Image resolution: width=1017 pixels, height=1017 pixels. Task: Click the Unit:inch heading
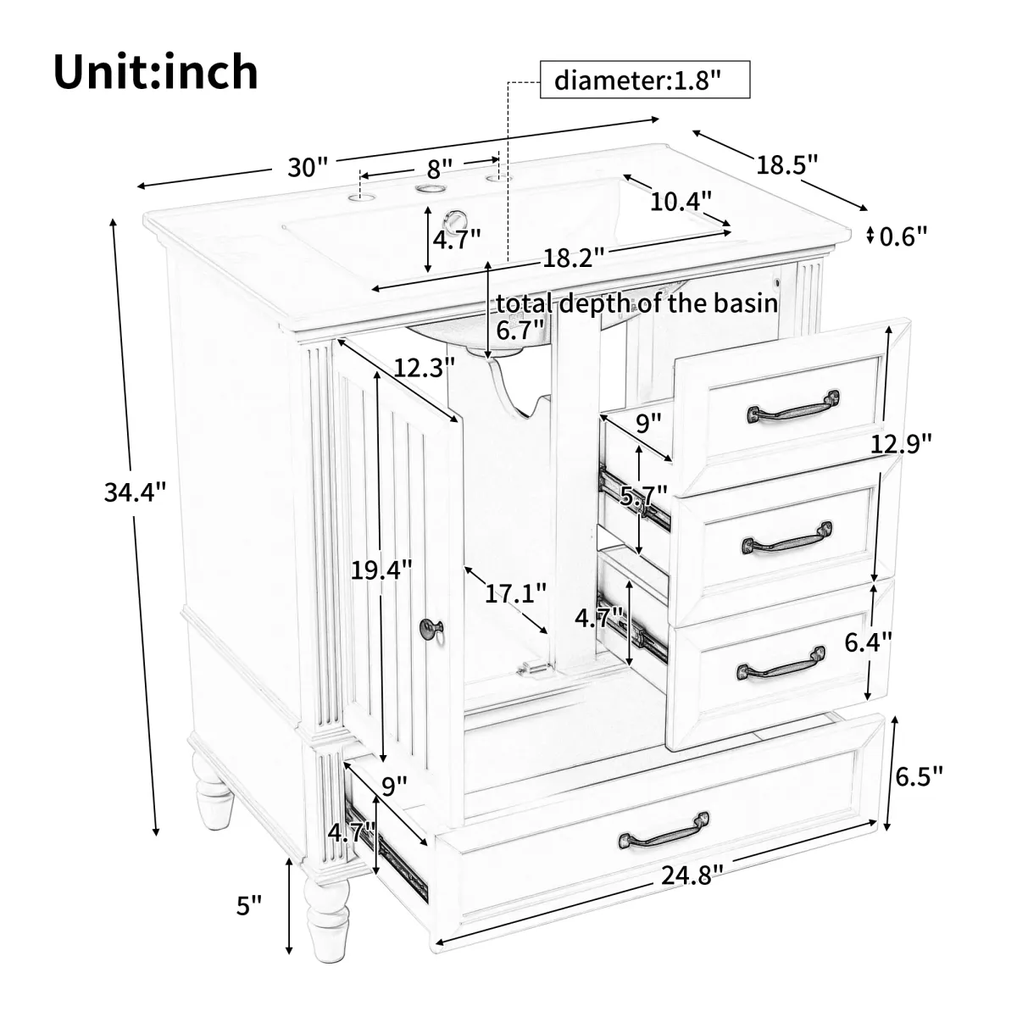156,72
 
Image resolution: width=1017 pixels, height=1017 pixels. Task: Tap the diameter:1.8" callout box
644,80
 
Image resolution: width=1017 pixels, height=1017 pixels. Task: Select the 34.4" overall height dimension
135,492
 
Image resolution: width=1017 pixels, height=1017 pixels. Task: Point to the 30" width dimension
307,167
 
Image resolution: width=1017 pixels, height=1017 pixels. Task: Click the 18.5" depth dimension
786,164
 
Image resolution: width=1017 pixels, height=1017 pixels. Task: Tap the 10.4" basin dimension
681,201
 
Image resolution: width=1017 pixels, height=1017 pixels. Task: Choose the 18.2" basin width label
574,258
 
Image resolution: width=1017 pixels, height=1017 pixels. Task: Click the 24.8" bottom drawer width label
692,876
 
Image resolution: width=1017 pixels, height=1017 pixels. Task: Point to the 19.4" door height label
381,570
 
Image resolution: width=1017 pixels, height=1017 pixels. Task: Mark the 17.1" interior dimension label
515,594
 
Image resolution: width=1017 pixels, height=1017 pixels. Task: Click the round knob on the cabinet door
431,627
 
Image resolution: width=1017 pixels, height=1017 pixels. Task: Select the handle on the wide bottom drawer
664,831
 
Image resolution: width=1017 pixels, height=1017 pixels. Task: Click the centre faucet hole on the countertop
431,188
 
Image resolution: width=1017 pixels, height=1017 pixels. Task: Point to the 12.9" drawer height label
901,443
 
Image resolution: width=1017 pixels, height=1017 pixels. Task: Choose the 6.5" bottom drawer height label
919,775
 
